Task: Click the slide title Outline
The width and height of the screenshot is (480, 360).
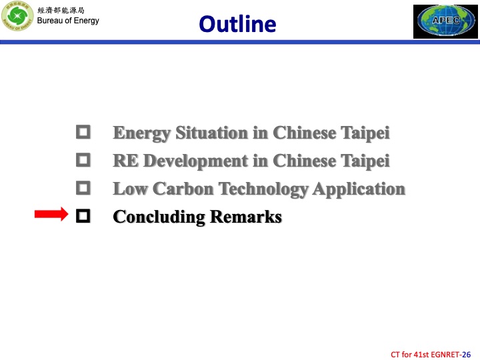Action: point(237,24)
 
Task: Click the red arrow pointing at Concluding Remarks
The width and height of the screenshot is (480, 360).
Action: point(51,215)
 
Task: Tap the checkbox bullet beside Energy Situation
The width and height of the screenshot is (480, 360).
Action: point(83,132)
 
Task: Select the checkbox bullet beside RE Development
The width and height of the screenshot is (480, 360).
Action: point(83,160)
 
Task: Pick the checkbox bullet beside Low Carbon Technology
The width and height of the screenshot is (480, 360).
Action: point(83,188)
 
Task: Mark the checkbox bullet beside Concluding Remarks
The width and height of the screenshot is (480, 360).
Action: point(83,216)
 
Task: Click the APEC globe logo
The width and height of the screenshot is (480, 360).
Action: point(445,21)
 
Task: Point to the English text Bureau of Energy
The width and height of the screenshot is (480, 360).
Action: point(68,21)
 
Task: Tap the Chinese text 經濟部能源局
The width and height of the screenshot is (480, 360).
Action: point(61,10)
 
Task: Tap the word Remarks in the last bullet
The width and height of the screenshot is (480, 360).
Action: point(246,217)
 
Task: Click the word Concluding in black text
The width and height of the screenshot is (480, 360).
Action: point(159,217)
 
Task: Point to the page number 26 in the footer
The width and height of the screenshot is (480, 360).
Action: point(467,353)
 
